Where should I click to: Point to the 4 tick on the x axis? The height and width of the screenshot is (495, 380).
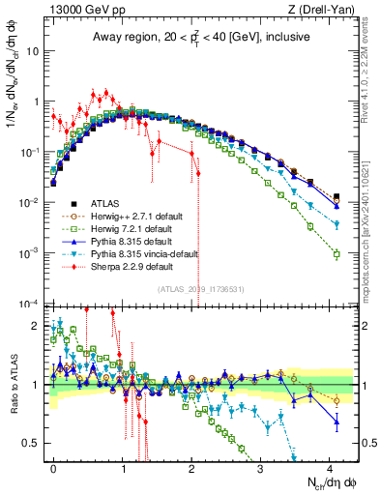(330, 466)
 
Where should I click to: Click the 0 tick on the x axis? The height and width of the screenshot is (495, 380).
(53, 466)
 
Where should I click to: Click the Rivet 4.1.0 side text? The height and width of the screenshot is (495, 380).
(370, 68)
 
